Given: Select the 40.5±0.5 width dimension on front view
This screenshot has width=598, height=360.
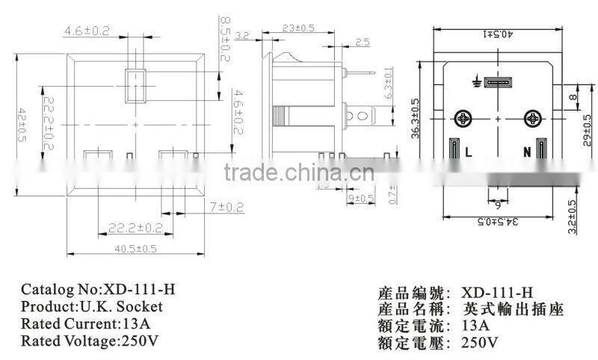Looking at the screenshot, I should pyautogui.click(x=137, y=249).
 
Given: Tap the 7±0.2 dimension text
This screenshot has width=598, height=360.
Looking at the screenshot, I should pyautogui.click(x=228, y=204).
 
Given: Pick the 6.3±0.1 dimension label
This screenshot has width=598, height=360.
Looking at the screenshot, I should pyautogui.click(x=388, y=84).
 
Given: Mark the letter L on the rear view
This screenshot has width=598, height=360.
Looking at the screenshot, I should pyautogui.click(x=468, y=152).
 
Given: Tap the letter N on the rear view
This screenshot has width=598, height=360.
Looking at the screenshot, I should pyautogui.click(x=526, y=152).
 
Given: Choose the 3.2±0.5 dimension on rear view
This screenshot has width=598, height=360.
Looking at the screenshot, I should pyautogui.click(x=573, y=217).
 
